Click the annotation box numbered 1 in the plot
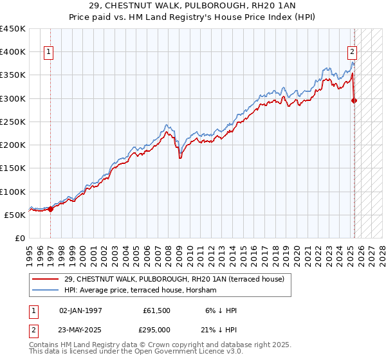pos(50,53)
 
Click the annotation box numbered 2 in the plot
pos(353,53)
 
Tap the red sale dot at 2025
pos(354,100)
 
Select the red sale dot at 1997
pos(50,209)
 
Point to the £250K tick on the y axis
pos(13,122)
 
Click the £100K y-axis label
pos(13,192)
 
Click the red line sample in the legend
pos(45,278)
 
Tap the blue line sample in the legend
pos(45,290)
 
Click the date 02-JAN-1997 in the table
pos(80,310)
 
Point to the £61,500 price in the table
pos(157,310)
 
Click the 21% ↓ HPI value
pos(217,329)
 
